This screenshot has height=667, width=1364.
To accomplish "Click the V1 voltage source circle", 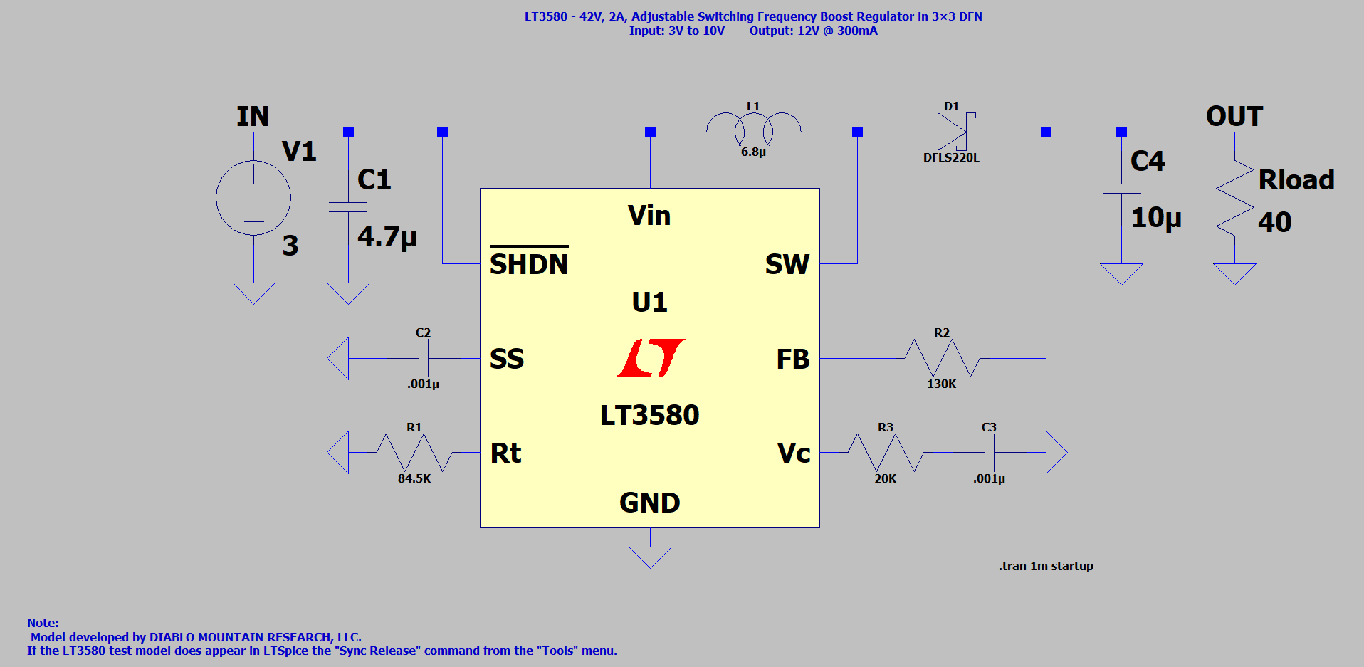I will coord(253,198).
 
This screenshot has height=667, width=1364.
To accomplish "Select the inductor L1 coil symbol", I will coord(753,127).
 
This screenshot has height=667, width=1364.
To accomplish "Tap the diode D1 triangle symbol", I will coord(952,132).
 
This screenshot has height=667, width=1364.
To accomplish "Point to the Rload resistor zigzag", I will coord(1235,199).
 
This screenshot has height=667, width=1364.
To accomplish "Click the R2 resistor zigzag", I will coord(942,358).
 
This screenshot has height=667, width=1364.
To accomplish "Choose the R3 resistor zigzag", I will coord(886,453).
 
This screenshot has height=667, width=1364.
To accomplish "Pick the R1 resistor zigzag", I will coord(414,453).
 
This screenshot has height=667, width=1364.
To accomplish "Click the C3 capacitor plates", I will coord(989,453).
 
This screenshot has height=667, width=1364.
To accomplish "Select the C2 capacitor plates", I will coord(423,358).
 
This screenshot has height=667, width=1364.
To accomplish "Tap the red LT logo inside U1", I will coord(650,358).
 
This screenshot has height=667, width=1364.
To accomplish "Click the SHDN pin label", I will coord(529,264).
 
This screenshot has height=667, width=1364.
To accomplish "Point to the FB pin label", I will coord(793,359).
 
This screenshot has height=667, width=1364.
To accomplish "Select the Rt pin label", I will coord(506,453).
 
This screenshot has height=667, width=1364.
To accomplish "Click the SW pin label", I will coord(787,264).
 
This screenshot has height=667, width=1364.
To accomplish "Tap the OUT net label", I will coord(1234,116).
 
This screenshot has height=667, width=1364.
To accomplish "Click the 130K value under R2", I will coord(941,384).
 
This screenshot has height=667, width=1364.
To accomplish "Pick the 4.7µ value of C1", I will coord(387,236).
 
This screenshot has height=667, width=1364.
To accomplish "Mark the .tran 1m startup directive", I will coord(1046,566).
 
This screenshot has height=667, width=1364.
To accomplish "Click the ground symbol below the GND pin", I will coord(650,555).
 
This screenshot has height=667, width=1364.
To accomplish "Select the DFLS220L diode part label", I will coord(951,157).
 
